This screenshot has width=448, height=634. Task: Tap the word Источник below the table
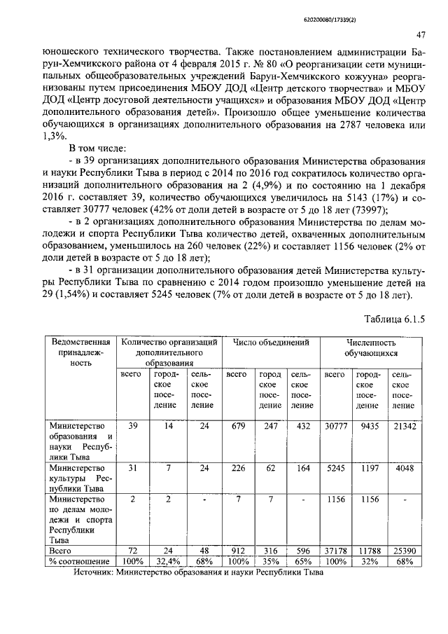coord(96,571)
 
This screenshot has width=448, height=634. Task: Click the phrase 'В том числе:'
coord(97,149)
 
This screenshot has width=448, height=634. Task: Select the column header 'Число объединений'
coord(271,343)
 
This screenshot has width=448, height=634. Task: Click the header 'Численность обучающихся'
coord(371,349)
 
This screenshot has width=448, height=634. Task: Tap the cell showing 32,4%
coord(165,561)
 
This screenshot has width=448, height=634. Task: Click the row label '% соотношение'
coord(80,561)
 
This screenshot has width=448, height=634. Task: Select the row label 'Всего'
coord(62,551)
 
